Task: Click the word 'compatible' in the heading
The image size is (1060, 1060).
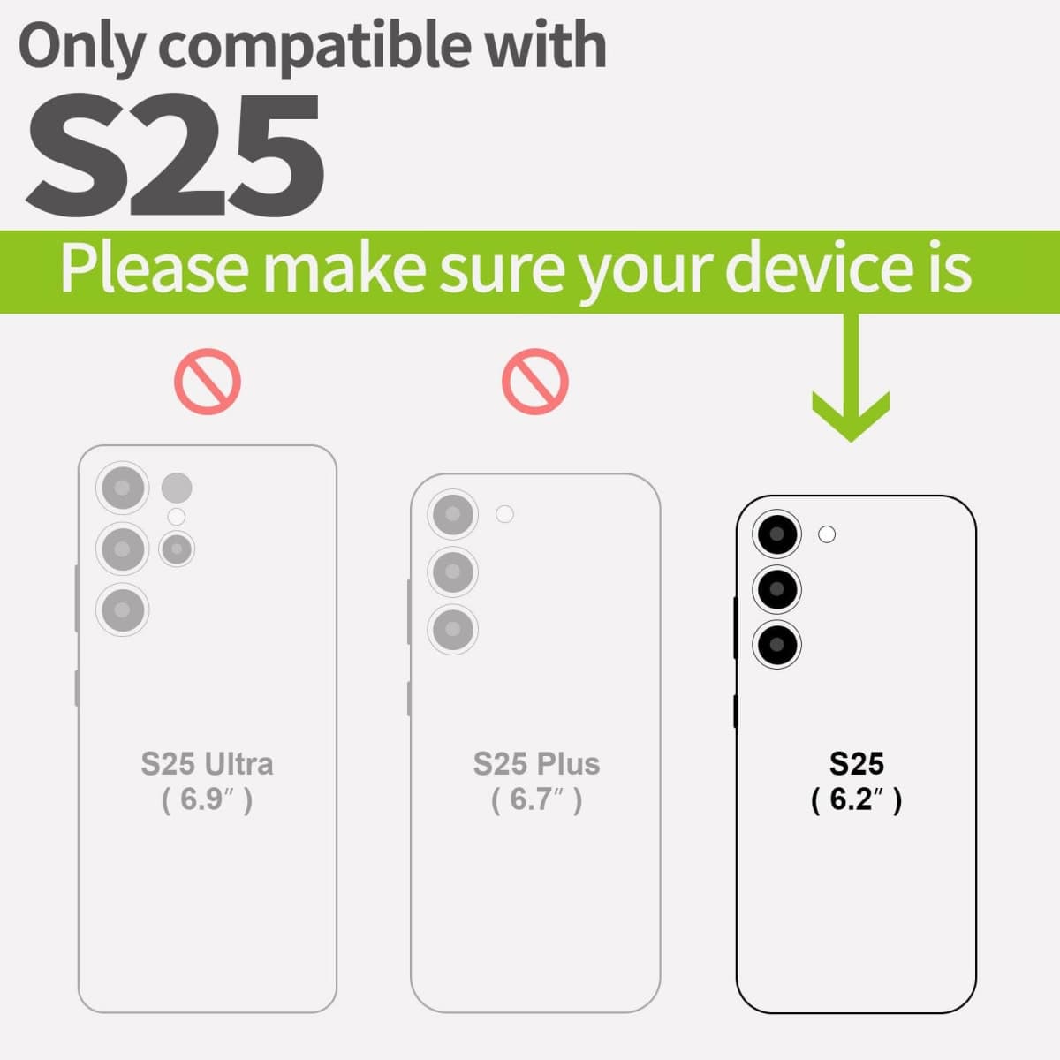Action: pyautogui.click(x=314, y=48)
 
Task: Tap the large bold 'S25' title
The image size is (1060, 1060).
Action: pyautogui.click(x=175, y=155)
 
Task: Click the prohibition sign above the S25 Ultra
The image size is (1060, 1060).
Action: pyautogui.click(x=208, y=382)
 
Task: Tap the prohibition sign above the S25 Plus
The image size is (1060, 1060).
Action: pyautogui.click(x=534, y=382)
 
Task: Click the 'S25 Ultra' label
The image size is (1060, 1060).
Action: pyautogui.click(x=207, y=763)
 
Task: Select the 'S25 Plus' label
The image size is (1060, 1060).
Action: pyautogui.click(x=536, y=763)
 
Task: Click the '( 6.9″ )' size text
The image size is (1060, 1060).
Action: pyautogui.click(x=207, y=799)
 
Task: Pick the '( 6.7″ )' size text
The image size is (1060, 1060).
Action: pyautogui.click(x=536, y=799)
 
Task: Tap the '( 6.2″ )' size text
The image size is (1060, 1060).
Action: pyautogui.click(x=857, y=799)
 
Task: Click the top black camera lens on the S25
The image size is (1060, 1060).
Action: pyautogui.click(x=776, y=534)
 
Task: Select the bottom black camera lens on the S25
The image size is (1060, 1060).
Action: pyautogui.click(x=776, y=645)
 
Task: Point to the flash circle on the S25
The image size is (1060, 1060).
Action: pyautogui.click(x=827, y=534)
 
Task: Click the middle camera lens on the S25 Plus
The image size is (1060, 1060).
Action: pyautogui.click(x=452, y=572)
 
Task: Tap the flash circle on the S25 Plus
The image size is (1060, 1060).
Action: pyautogui.click(x=504, y=514)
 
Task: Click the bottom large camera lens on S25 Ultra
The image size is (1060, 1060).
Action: pyautogui.click(x=123, y=610)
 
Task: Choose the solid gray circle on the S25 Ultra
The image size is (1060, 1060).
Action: pyautogui.click(x=177, y=488)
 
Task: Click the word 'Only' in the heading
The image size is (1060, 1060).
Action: pyautogui.click(x=82, y=48)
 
